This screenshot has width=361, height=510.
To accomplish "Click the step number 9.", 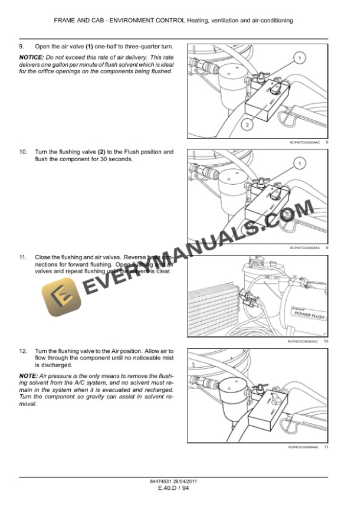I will click(22, 46).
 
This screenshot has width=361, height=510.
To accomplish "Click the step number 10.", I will click(23, 152).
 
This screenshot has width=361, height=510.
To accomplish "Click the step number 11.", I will click(23, 257).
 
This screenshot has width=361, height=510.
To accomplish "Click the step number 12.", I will click(23, 350).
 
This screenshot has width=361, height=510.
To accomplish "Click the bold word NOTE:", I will click(27, 375).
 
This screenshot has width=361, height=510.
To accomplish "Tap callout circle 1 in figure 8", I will click(299, 58).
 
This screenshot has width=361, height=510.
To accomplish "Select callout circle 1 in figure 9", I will click(299, 163).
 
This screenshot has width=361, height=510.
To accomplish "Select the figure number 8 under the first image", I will click(326, 143).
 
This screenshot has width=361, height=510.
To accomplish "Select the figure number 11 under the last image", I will click(326, 447).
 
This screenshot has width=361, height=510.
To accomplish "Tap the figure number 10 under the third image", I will click(326, 342).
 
